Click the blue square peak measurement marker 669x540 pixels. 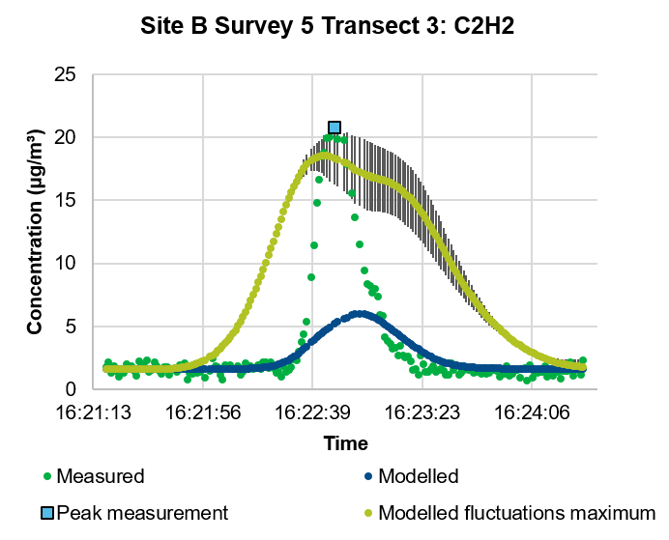tap(334, 128)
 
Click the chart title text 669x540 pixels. tap(334, 26)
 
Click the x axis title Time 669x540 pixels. tap(345, 443)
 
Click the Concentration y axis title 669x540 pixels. tap(35, 232)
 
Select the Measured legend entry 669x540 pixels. tap(100, 476)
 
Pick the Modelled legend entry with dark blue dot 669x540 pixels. tap(418, 476)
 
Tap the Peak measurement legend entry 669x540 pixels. tap(142, 512)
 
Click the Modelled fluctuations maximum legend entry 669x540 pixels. tap(517, 512)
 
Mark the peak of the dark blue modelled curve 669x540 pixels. tap(359, 314)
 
